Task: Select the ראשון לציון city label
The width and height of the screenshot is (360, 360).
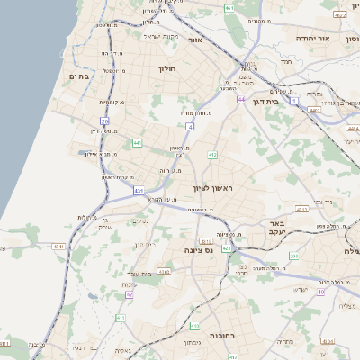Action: (212, 187)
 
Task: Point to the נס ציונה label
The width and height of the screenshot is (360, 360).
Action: (197, 250)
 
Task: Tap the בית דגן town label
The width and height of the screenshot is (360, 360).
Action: (287, 103)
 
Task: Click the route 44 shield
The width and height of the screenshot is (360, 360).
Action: (241, 98)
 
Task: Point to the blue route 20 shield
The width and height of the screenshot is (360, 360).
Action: (104, 121)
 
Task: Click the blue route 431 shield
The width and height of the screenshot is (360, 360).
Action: (138, 191)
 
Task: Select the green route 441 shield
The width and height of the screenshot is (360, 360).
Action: (137, 142)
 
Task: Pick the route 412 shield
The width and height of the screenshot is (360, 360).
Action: (212, 156)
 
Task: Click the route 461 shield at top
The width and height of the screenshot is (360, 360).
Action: (230, 8)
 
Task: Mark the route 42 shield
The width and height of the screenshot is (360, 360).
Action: (130, 293)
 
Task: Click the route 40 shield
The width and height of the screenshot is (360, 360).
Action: (321, 292)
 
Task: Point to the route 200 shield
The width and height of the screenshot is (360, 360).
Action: (293, 256)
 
